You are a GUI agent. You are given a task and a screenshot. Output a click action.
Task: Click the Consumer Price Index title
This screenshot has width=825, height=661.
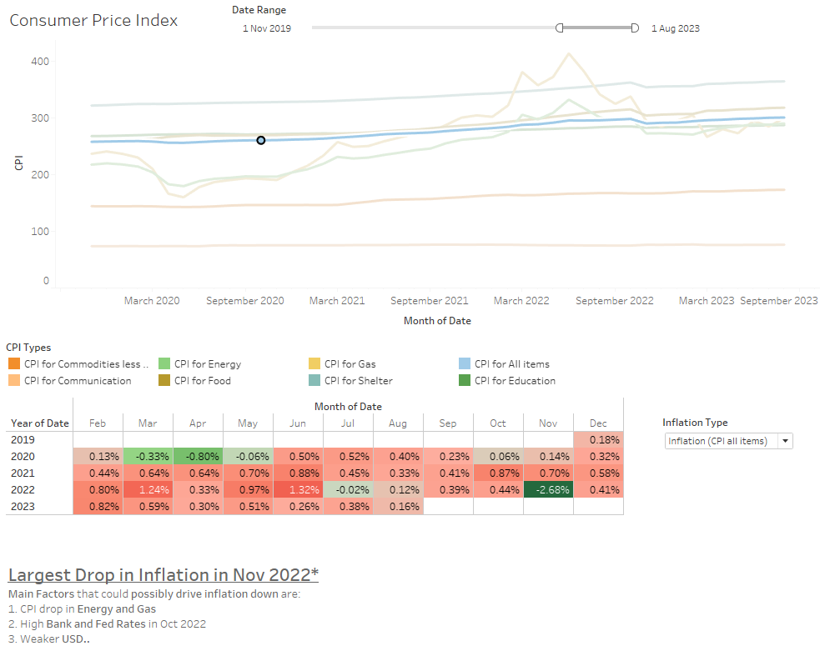93,20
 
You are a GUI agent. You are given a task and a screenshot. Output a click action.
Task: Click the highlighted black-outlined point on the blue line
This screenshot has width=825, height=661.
261,140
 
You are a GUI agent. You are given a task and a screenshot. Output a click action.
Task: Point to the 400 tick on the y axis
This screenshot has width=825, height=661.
40,62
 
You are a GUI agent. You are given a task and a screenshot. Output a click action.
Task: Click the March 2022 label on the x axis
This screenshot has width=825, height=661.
521,301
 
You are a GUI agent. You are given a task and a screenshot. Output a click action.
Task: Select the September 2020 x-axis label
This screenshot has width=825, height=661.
245,301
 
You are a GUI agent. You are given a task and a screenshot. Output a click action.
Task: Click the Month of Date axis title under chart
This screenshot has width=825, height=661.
437,321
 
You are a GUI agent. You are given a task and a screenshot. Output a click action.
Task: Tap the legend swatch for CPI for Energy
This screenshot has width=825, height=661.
164,363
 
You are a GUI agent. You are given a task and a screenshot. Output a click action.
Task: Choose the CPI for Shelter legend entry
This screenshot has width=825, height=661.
358,381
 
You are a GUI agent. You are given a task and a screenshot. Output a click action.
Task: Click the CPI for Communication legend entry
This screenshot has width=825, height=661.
77,381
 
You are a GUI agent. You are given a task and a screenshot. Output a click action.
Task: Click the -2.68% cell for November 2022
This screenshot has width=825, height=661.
548,489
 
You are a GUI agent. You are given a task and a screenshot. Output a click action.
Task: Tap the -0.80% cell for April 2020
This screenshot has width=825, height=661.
198,456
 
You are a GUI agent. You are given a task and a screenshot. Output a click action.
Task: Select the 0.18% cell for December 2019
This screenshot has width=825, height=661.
598,439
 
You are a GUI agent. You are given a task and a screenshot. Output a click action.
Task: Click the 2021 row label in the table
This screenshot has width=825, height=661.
23,473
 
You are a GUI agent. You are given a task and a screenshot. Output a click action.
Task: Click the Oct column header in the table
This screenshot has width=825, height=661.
498,423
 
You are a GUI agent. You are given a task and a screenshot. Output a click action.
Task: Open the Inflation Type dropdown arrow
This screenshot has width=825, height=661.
784,441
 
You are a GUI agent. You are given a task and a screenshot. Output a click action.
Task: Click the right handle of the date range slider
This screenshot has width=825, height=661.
635,28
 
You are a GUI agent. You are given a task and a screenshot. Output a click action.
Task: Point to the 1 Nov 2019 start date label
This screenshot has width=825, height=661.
266,28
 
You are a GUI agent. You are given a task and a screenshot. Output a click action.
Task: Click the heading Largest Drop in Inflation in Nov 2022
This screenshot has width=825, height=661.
163,575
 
